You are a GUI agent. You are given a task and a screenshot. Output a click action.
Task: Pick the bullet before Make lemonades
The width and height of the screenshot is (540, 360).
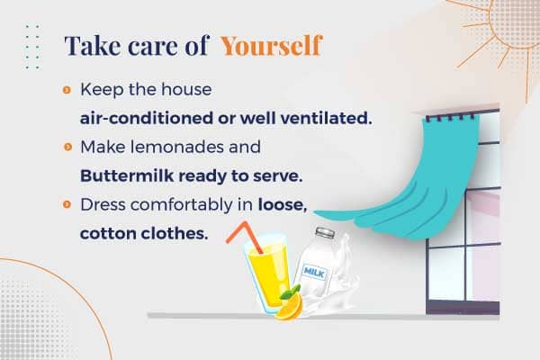click(x=67, y=148)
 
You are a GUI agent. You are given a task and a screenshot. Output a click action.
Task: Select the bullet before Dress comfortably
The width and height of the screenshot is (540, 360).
click(x=67, y=205)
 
